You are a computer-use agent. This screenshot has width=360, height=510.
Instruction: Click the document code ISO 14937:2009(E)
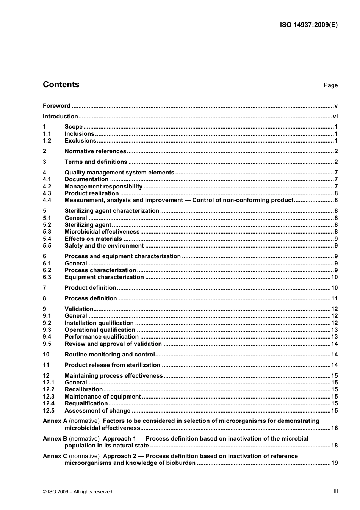tap(308, 25)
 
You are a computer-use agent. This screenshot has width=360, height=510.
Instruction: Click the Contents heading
tap(61, 85)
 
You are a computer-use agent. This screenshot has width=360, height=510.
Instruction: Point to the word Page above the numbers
tap(330, 85)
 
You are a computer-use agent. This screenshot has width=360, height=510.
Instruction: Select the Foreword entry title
tap(56, 106)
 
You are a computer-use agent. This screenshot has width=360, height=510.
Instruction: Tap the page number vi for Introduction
tap(335, 116)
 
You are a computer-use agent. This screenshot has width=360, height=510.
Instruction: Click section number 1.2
tap(47, 141)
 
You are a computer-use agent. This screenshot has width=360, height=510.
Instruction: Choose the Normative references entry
tap(95, 151)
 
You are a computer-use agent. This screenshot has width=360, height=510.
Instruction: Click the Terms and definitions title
tap(96, 162)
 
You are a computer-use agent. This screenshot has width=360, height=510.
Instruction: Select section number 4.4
tap(47, 200)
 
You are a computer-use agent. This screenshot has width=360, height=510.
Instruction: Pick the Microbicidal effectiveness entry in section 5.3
tap(102, 232)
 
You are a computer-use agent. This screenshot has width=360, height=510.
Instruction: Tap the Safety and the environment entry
tap(104, 246)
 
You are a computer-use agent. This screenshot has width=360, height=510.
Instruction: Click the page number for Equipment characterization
tap(334, 277)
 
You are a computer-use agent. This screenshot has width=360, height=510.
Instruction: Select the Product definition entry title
tap(90, 288)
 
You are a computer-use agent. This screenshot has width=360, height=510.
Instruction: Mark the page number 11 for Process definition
tap(334, 298)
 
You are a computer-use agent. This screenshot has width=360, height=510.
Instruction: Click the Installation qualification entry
tap(99, 323)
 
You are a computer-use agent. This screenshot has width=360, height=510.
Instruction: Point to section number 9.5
tap(47, 344)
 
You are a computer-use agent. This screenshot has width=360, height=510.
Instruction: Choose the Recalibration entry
tap(83, 389)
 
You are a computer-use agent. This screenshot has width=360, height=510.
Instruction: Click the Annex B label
tap(55, 439)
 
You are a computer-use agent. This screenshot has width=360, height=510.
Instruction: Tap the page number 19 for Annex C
tap(334, 463)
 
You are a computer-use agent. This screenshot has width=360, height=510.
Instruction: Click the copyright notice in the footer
tap(77, 492)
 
